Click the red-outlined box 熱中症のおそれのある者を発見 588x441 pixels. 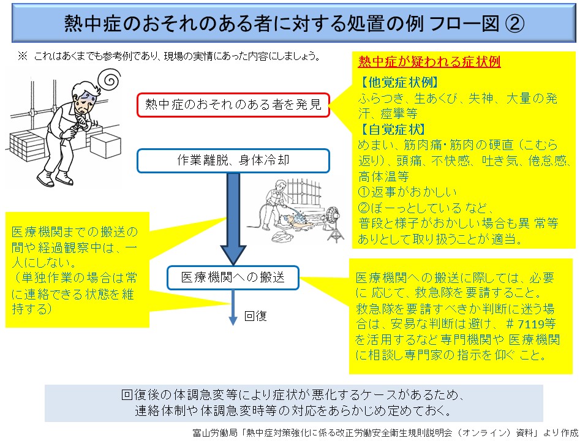pyautogui.click(x=233, y=105)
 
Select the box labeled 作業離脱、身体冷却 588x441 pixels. pyautogui.click(x=233, y=161)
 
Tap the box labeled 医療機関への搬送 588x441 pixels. pyautogui.click(x=233, y=277)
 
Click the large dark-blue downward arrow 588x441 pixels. pyautogui.click(x=233, y=221)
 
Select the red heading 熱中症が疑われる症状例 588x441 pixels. pyautogui.click(x=429, y=62)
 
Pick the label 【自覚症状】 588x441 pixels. pyautogui.click(x=392, y=129)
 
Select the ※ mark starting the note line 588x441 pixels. pyautogui.click(x=22, y=56)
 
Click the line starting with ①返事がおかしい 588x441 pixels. pyautogui.click(x=405, y=192)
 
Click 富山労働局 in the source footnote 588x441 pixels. pyautogui.click(x=209, y=432)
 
